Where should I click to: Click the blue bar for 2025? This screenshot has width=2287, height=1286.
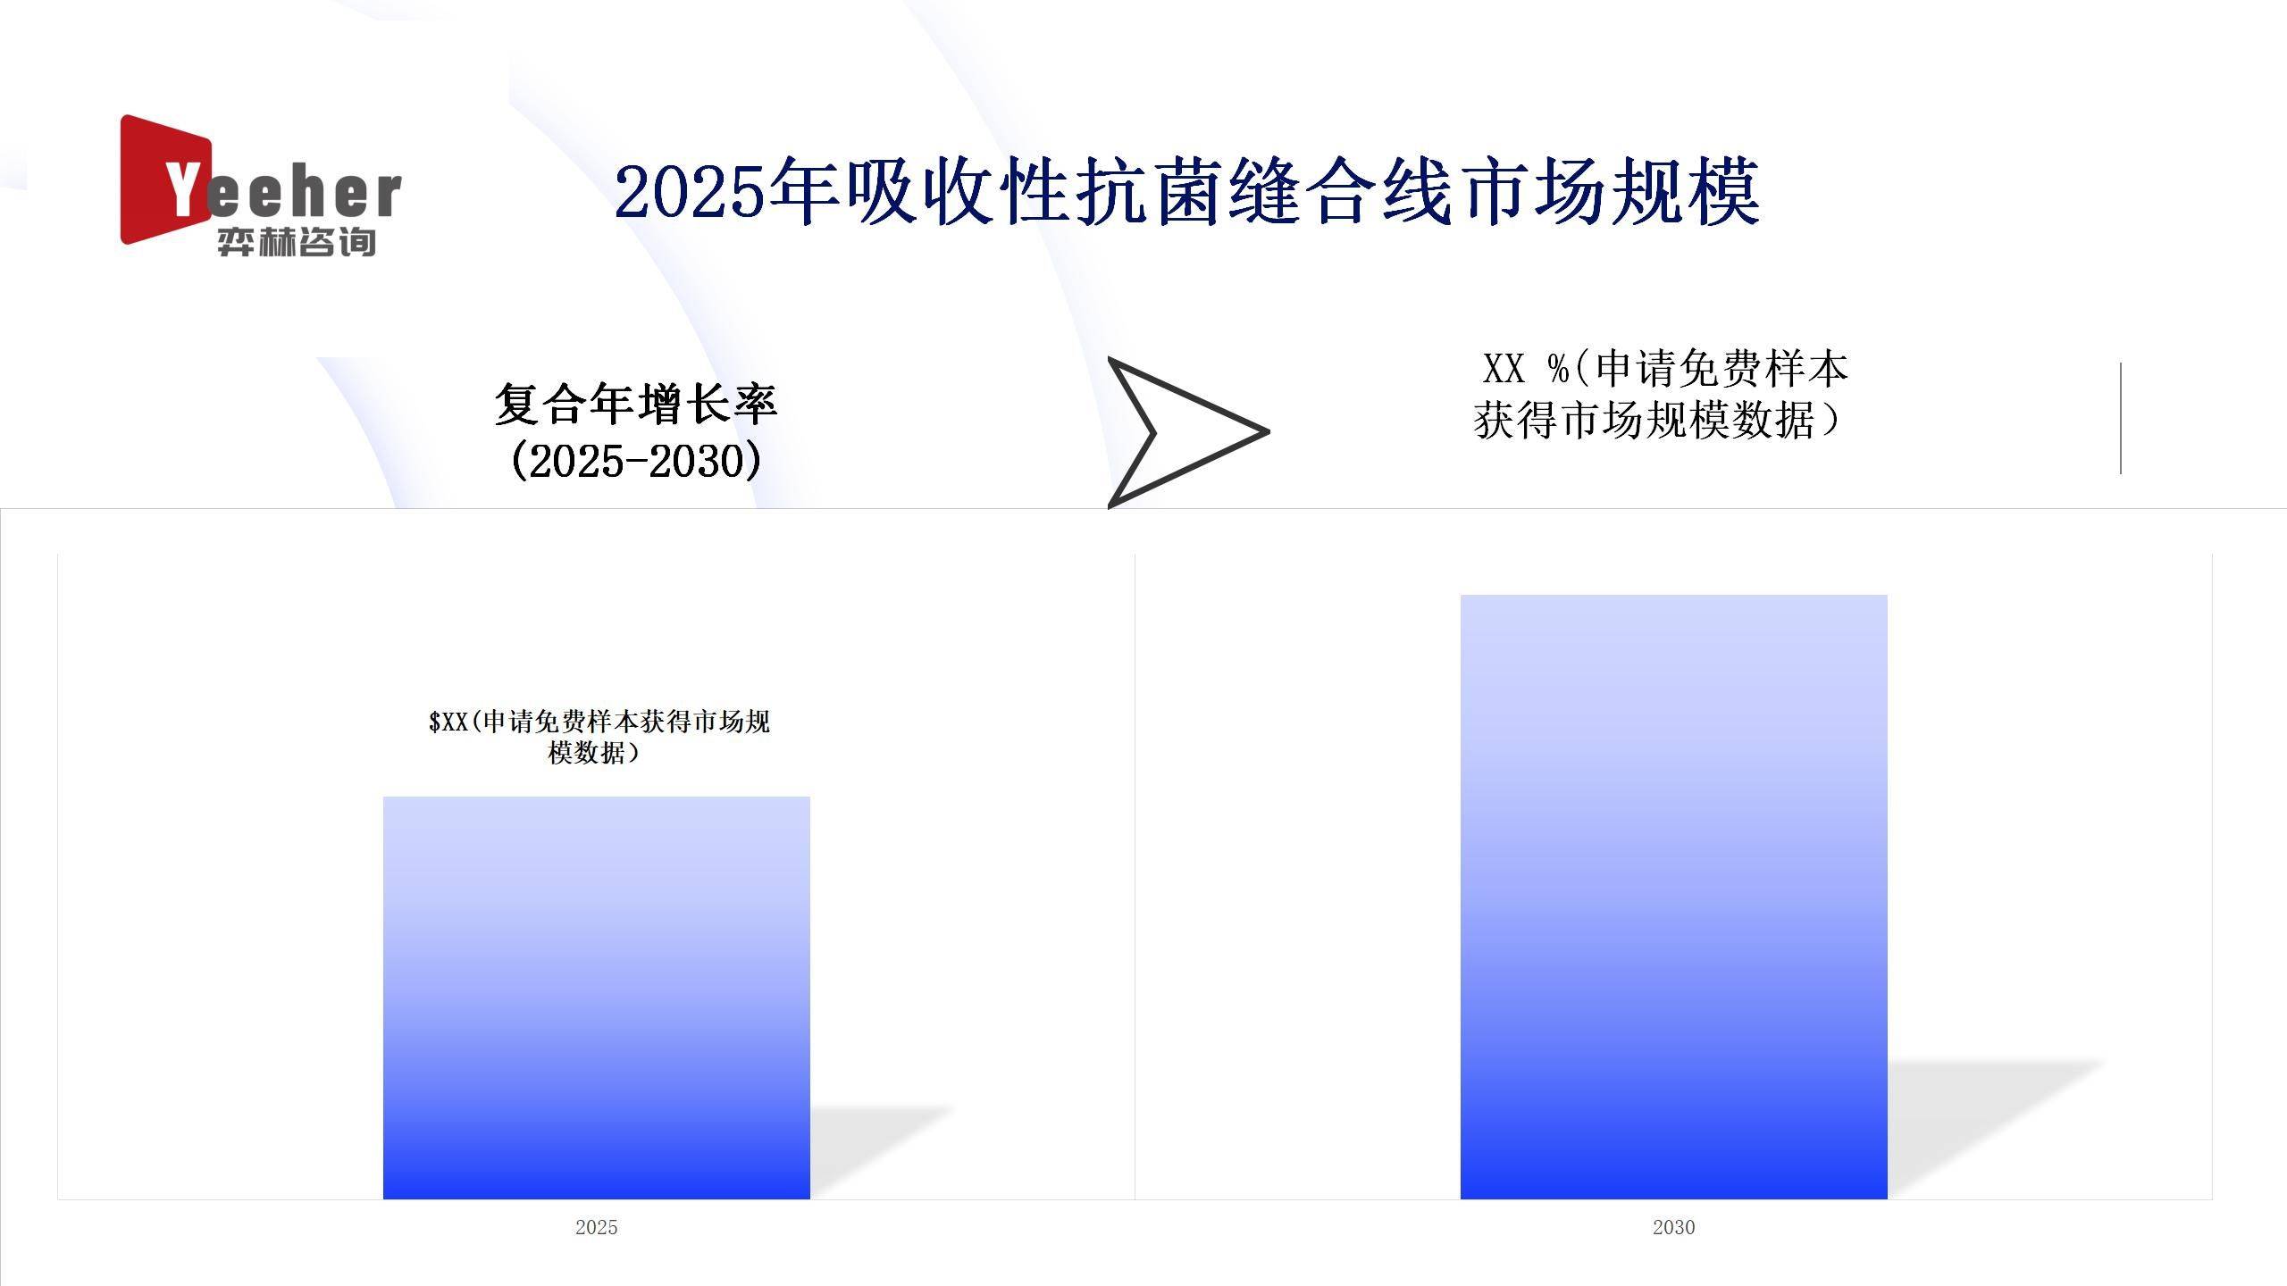(x=597, y=998)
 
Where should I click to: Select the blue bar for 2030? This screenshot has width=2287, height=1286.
(x=1674, y=897)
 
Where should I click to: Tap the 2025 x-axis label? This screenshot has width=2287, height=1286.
(x=597, y=1227)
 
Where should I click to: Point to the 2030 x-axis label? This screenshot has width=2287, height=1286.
(x=1674, y=1227)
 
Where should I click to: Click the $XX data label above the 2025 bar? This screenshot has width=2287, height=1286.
(x=599, y=737)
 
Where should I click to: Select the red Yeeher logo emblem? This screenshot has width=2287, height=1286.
(x=166, y=180)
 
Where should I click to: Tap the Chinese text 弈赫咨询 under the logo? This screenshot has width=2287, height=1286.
(x=297, y=242)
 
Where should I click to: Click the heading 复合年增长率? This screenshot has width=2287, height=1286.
(x=636, y=404)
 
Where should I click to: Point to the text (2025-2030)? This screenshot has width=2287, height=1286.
(x=636, y=461)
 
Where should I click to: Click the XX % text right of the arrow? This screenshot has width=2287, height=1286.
(x=1526, y=368)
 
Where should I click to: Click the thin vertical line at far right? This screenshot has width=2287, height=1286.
(x=2121, y=418)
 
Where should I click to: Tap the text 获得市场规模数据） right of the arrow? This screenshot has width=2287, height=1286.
(x=1658, y=420)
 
